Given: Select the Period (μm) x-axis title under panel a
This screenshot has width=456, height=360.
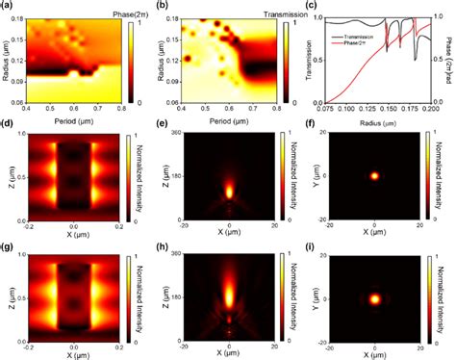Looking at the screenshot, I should [x=71, y=120].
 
